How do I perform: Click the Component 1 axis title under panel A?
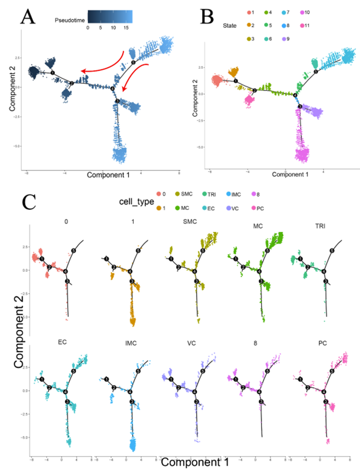[x=108, y=175]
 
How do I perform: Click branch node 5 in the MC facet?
[x=267, y=250]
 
